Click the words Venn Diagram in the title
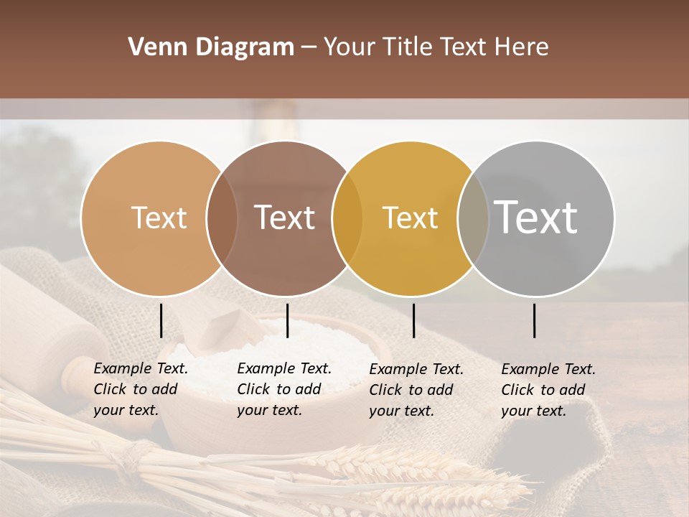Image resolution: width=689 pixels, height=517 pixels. pyautogui.click(x=210, y=47)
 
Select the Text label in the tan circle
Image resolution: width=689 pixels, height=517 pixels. pyautogui.click(x=159, y=218)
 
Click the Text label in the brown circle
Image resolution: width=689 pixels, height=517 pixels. pyautogui.click(x=284, y=218)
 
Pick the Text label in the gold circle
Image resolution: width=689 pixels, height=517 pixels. pyautogui.click(x=410, y=218)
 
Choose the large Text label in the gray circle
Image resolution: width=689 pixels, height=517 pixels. pyautogui.click(x=536, y=217)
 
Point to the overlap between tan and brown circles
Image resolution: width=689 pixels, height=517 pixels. pyautogui.click(x=222, y=218)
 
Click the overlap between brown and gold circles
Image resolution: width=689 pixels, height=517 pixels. pyautogui.click(x=347, y=218)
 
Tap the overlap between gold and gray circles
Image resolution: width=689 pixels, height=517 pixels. pyautogui.click(x=473, y=218)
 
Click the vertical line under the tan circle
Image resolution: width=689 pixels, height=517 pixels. pyautogui.click(x=161, y=320)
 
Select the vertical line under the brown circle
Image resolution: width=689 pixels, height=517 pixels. pyautogui.click(x=287, y=320)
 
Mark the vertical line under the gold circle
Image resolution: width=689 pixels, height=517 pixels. pyautogui.click(x=413, y=320)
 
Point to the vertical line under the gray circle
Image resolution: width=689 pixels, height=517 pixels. pyautogui.click(x=535, y=320)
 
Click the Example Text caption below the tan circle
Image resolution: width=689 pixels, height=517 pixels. pyautogui.click(x=140, y=389)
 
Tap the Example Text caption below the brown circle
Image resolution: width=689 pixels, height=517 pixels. pyautogui.click(x=283, y=389)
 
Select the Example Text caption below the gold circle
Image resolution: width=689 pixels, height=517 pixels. pyautogui.click(x=416, y=390)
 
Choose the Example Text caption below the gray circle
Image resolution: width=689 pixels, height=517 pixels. pyautogui.click(x=548, y=390)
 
